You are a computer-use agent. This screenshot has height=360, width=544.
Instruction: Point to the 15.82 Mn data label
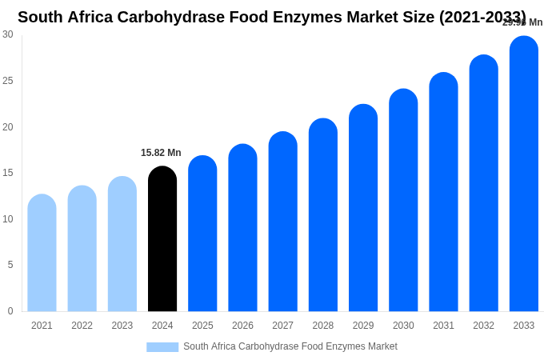161,153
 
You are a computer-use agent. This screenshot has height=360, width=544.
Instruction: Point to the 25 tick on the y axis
8,81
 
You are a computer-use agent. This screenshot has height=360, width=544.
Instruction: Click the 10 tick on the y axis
8,219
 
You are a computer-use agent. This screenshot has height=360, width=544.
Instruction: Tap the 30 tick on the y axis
8,34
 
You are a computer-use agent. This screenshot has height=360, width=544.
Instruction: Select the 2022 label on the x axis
82,326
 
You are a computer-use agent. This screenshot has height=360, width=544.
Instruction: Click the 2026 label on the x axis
242,326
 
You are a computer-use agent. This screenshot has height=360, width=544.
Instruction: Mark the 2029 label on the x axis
363,326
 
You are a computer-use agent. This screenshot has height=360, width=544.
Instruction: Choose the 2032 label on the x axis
483,326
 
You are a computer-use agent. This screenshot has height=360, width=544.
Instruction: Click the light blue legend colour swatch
162,347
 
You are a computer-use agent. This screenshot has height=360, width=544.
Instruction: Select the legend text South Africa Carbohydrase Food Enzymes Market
290,346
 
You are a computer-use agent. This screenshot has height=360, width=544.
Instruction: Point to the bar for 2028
323,215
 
